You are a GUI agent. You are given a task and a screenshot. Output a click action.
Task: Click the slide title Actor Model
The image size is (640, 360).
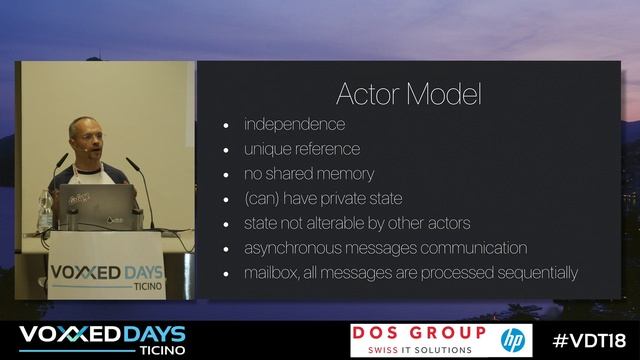point(408,95)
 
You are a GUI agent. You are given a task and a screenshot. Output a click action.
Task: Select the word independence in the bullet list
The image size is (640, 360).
point(294,125)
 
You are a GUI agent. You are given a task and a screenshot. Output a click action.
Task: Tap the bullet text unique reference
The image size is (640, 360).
point(301,149)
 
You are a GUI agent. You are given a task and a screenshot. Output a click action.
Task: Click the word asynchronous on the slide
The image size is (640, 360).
point(291,248)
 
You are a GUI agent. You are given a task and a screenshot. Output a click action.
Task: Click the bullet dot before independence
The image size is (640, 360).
point(226,126)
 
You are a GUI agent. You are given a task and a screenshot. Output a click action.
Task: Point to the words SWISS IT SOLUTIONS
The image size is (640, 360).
point(418,349)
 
